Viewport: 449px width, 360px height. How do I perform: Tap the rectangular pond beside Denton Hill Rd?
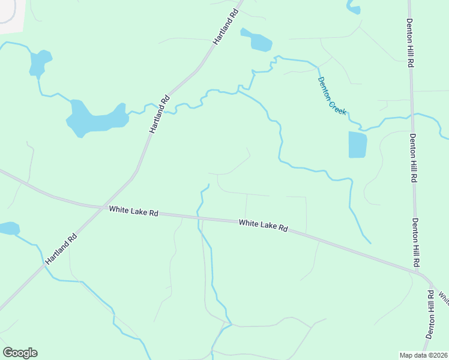point(357,145)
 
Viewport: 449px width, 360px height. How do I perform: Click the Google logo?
point(20,353)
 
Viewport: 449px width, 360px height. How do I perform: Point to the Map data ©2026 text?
point(423,355)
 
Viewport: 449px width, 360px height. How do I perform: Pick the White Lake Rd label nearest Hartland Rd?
point(133,211)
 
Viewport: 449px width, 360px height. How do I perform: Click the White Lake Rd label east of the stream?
point(263,225)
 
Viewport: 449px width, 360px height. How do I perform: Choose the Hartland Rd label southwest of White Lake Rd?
point(61,250)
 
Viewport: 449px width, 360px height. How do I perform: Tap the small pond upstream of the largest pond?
point(39,62)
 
